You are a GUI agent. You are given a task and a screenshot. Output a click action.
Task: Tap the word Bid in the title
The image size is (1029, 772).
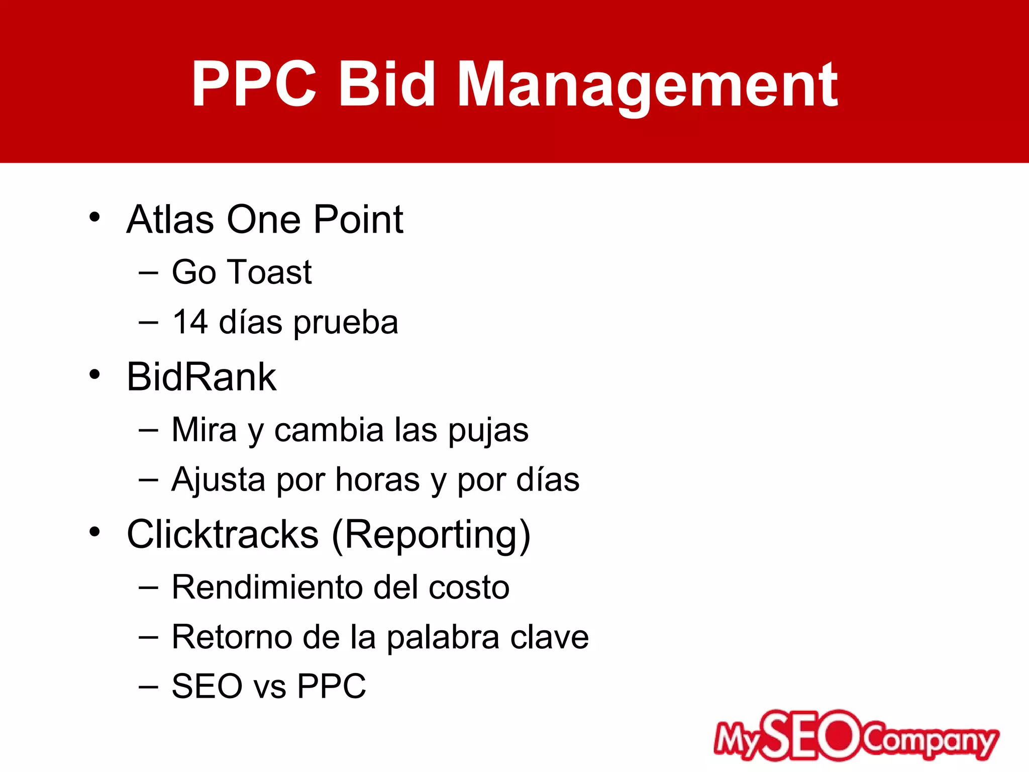click(x=386, y=84)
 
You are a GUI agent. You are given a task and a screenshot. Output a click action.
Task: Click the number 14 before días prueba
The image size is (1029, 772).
click(x=190, y=322)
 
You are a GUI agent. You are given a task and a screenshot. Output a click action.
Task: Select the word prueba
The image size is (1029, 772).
click(x=346, y=323)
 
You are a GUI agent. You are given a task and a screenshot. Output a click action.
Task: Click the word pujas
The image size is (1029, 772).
click(x=488, y=431)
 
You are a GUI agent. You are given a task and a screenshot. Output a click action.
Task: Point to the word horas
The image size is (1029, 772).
click(x=377, y=480)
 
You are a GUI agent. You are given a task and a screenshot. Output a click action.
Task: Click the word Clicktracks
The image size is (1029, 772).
click(x=223, y=534)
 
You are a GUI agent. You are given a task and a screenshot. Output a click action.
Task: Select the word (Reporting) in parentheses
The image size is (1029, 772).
click(x=431, y=536)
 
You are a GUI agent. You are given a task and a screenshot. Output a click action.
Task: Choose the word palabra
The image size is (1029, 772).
click(x=443, y=637)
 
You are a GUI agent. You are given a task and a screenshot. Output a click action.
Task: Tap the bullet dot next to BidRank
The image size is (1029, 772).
click(x=94, y=375)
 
